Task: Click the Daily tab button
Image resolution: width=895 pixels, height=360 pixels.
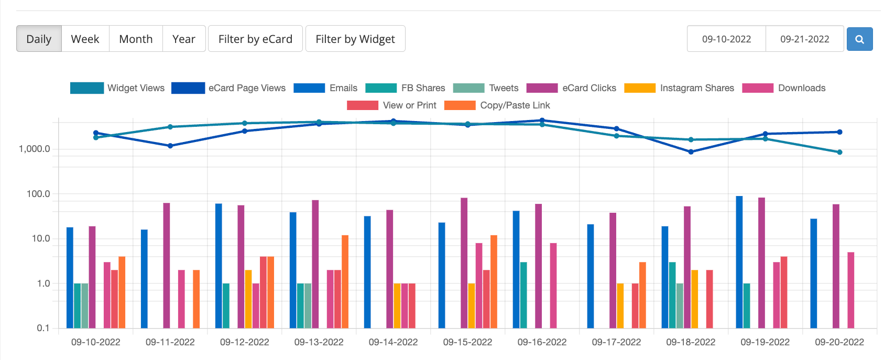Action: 39,39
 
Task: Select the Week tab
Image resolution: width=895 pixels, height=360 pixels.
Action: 85,39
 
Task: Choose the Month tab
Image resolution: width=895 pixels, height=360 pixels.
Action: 136,39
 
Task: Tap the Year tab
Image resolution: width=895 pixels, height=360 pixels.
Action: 183,39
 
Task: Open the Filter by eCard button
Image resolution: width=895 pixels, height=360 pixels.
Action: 255,39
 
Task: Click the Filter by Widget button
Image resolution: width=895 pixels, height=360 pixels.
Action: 355,39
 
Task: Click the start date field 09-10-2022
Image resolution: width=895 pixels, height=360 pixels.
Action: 726,39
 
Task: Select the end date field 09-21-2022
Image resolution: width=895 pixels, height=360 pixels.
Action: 804,39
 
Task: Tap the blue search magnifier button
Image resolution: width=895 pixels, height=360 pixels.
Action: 859,39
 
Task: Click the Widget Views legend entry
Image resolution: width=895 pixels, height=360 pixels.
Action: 117,88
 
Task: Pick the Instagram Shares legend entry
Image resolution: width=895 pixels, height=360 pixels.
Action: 679,88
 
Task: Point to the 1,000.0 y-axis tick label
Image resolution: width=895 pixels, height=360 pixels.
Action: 35,149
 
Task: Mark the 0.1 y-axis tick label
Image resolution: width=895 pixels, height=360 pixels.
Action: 43,328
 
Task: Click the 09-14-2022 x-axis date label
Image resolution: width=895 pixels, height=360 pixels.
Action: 393,342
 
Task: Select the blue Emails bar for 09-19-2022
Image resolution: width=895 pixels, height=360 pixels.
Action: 739,262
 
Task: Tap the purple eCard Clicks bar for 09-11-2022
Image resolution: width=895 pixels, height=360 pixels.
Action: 167,265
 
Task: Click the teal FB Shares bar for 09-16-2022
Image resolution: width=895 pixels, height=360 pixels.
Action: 523,295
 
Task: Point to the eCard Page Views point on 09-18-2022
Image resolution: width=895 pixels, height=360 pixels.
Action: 691,152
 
